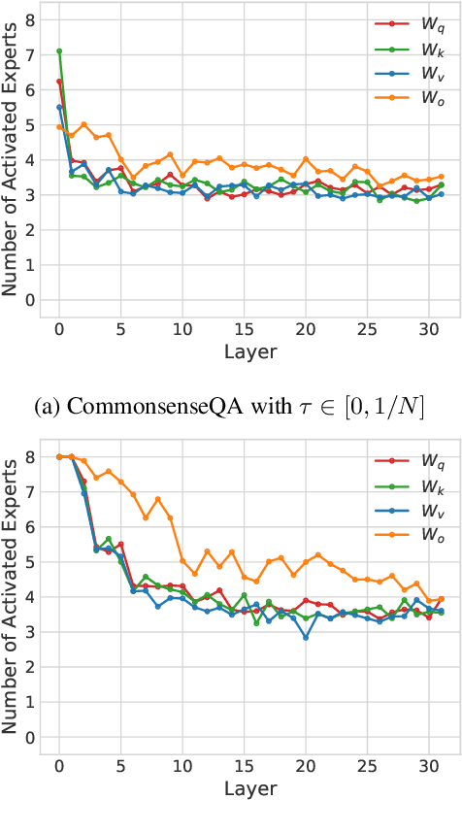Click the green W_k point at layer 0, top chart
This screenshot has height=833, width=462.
point(59,51)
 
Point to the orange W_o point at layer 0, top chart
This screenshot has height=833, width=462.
point(59,127)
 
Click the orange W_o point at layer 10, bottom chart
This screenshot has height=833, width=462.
point(182,560)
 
